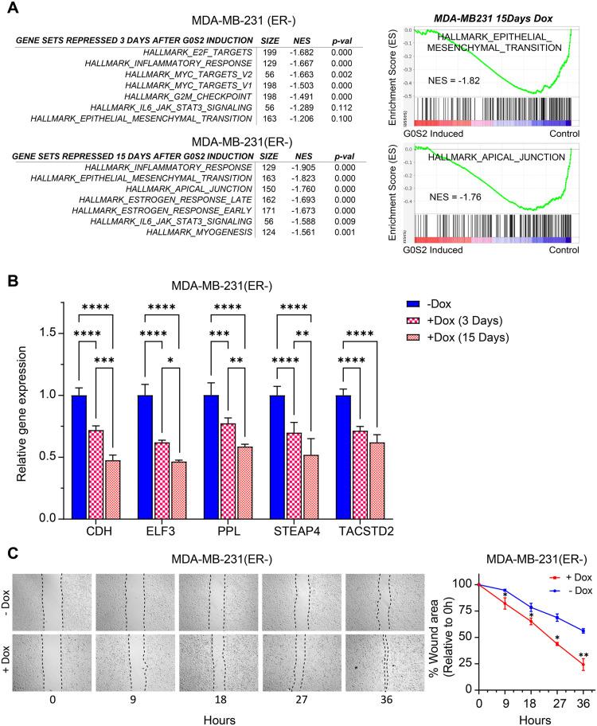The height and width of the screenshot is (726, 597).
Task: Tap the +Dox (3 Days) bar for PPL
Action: point(230,470)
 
